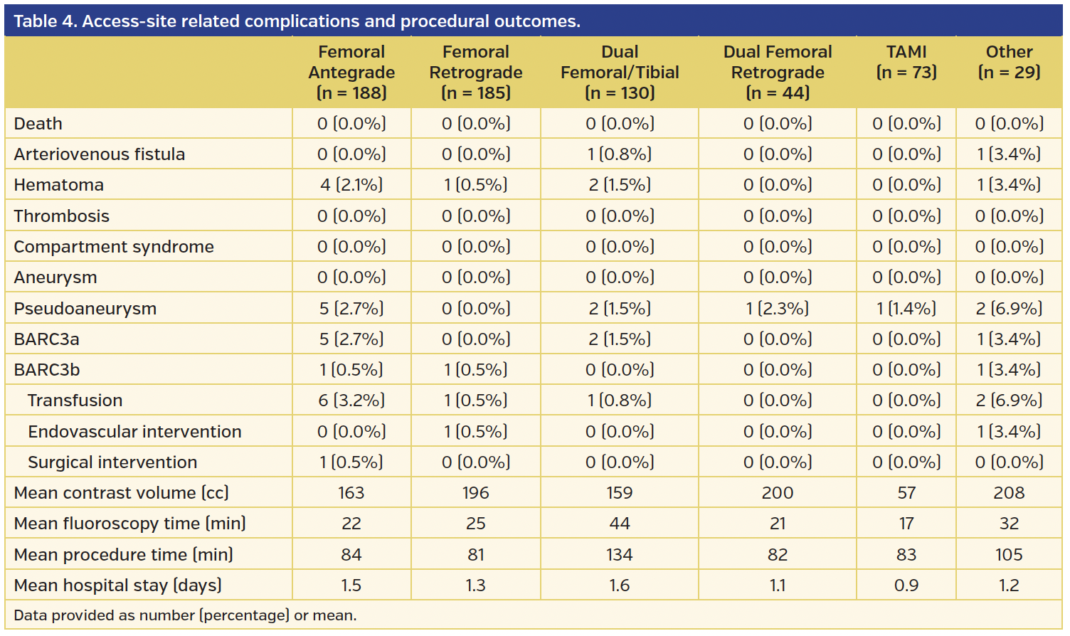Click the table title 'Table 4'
297,21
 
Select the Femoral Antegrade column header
351,73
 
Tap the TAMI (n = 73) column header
906,62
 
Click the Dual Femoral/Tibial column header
620,73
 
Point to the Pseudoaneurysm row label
85,309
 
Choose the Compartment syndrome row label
114,247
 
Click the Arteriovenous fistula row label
100,154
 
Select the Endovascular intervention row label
134,432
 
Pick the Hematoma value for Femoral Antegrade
351,185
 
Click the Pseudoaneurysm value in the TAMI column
906,309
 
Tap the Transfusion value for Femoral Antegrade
351,401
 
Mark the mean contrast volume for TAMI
906,493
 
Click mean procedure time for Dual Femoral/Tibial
620,555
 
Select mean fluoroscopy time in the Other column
1009,524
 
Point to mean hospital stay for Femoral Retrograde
476,585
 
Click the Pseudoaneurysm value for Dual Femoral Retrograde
778,309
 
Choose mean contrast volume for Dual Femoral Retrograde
778,493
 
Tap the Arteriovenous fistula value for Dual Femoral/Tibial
620,154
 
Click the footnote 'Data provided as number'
185,615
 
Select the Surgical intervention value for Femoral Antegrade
351,462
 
